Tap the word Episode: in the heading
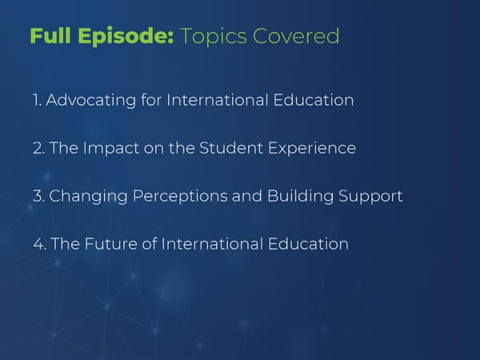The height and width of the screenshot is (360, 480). tap(126, 37)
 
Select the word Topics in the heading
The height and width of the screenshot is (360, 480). tap(214, 37)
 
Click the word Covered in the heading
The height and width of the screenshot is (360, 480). tap(296, 36)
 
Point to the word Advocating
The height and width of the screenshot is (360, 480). tap(91, 101)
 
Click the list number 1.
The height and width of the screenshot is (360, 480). tap(37, 100)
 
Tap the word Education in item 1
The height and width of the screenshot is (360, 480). tap(314, 100)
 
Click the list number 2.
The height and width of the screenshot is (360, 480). tap(38, 148)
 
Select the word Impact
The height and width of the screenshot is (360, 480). tap(111, 149)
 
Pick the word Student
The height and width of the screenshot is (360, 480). tap(231, 148)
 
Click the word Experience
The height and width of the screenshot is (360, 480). tap(312, 149)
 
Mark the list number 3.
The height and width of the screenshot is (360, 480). tap(38, 196)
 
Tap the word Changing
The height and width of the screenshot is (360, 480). tap(88, 197)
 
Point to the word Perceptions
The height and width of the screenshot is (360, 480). tap(180, 197)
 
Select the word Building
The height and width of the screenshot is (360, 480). tap(300, 197)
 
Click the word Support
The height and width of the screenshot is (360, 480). tap(370, 197)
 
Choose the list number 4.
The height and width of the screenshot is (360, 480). tap(39, 244)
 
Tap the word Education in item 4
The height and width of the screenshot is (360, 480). tap(308, 244)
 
